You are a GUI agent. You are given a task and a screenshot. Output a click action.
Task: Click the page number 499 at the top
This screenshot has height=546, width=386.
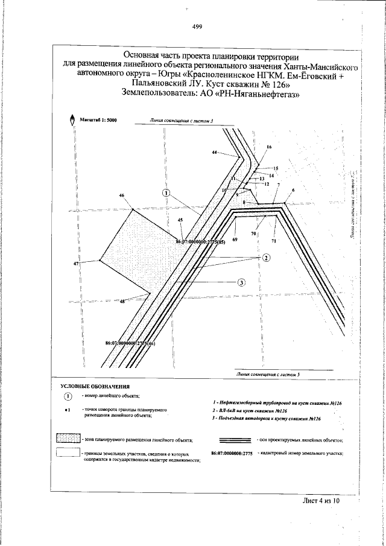click(197, 26)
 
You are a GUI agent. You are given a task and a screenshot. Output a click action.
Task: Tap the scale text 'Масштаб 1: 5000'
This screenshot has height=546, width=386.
click(98, 121)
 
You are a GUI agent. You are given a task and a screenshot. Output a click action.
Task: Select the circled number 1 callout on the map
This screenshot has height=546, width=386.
click(166, 193)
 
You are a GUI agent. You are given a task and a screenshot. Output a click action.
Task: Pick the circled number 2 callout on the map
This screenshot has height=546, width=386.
click(266, 258)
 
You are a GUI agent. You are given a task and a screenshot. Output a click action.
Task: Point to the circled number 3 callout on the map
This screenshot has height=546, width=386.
click(241, 282)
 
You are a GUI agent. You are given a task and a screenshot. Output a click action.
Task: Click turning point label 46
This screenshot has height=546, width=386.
click(122, 195)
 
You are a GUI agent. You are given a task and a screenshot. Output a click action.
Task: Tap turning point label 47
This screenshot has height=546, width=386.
click(77, 264)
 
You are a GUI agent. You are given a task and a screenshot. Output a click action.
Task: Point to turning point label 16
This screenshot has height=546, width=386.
click(269, 147)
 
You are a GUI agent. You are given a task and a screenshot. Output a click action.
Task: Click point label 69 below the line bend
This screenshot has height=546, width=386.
click(235, 240)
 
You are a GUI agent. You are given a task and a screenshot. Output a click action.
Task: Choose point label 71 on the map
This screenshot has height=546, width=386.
click(273, 241)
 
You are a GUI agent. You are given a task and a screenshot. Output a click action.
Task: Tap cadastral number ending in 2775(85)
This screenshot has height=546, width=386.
click(200, 243)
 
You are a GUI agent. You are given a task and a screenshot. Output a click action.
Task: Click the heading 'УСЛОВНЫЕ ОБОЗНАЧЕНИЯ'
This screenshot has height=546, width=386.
click(95, 385)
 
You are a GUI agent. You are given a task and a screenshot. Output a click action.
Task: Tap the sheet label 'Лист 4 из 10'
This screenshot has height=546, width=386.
click(321, 500)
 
